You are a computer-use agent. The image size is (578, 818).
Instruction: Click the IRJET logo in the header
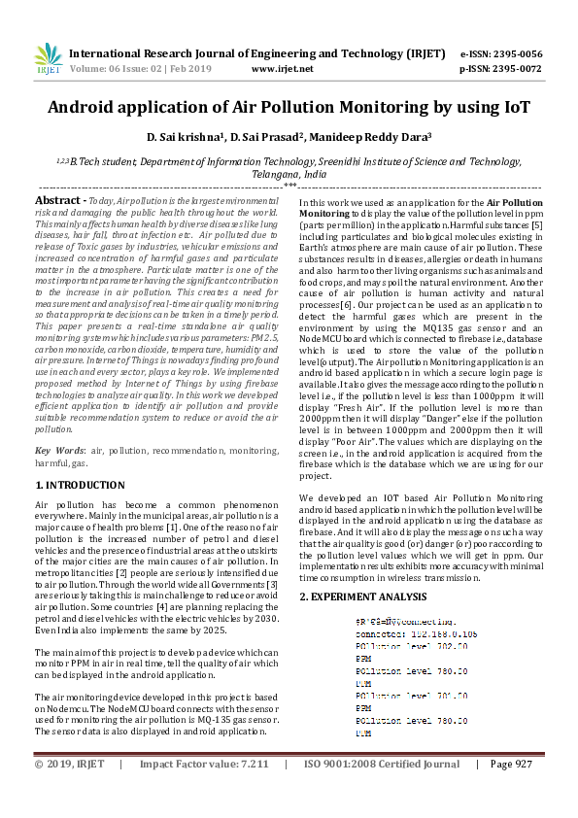pos(48,59)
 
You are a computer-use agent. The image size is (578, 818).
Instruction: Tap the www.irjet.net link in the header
pos(282,69)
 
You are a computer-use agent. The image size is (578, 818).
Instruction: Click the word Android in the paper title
pos(86,107)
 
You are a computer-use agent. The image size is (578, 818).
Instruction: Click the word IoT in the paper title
pos(513,107)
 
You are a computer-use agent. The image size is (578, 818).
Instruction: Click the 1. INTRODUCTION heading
pos(80,484)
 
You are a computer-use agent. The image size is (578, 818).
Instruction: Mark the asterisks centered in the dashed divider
pos(289,184)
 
